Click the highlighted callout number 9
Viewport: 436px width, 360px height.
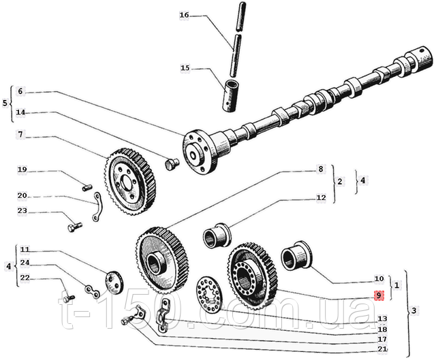[379, 295]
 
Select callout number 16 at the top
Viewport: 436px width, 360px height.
[184, 14]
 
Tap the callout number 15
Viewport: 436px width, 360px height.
[184, 68]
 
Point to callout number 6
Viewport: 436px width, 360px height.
[20, 91]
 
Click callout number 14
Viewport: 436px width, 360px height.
[20, 112]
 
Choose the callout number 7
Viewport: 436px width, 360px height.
[20, 134]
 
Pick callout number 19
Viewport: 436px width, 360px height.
[22, 169]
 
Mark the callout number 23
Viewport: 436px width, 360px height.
[22, 211]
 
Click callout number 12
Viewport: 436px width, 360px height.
[321, 197]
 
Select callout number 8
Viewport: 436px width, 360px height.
[320, 169]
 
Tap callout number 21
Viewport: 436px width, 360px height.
[381, 349]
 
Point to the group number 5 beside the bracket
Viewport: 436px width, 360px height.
[5, 103]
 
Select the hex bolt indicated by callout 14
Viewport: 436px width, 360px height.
[172, 163]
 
